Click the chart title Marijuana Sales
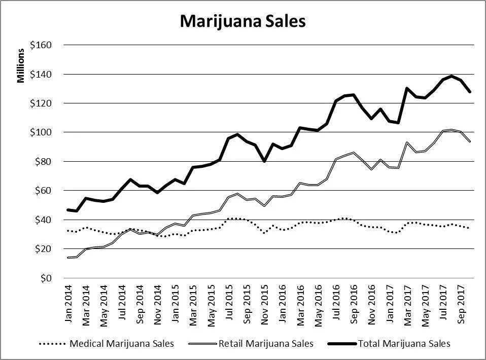242,21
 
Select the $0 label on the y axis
47,278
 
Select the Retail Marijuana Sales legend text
266,344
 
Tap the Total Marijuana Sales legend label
404,344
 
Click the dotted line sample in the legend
52,344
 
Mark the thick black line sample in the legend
340,344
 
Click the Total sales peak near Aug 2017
451,76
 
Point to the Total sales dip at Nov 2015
264,161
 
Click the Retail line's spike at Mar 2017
407,142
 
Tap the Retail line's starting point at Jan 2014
68,258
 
